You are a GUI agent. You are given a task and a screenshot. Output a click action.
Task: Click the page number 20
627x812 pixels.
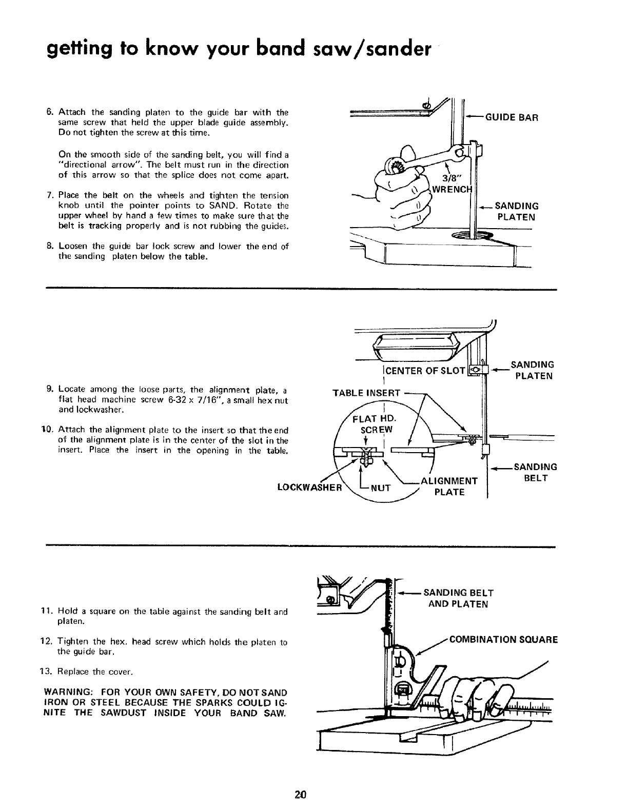click(x=301, y=796)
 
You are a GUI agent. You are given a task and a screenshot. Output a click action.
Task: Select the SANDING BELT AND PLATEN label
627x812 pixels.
click(x=458, y=598)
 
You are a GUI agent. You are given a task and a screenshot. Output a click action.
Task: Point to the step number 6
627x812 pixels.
click(x=50, y=112)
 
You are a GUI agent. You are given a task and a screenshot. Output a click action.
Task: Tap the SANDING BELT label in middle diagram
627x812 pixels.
click(x=535, y=472)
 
